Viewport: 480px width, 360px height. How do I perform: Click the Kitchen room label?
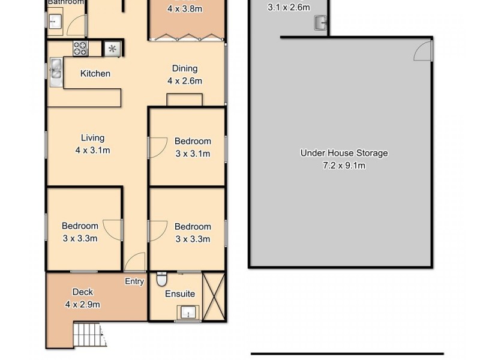click(x=95, y=74)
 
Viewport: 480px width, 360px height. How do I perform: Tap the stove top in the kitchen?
click(x=80, y=49)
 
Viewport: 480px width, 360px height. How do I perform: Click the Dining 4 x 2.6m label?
click(x=184, y=74)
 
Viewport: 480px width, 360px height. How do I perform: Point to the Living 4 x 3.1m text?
click(x=92, y=144)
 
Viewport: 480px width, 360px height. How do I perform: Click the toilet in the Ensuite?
click(x=161, y=280)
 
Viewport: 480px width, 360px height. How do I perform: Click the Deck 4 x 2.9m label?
click(x=83, y=298)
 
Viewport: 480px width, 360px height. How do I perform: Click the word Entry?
click(x=134, y=281)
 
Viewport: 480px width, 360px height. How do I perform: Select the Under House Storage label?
click(x=344, y=153)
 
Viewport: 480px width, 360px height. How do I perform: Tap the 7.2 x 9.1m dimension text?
click(x=344, y=165)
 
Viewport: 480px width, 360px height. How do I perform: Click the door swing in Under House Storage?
click(x=424, y=52)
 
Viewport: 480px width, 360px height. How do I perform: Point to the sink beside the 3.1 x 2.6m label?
click(x=320, y=23)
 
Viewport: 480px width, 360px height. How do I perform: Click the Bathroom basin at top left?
click(x=56, y=23)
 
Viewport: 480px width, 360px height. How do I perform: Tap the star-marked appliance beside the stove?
click(x=112, y=49)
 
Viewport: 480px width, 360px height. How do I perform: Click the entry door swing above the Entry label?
click(x=136, y=263)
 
